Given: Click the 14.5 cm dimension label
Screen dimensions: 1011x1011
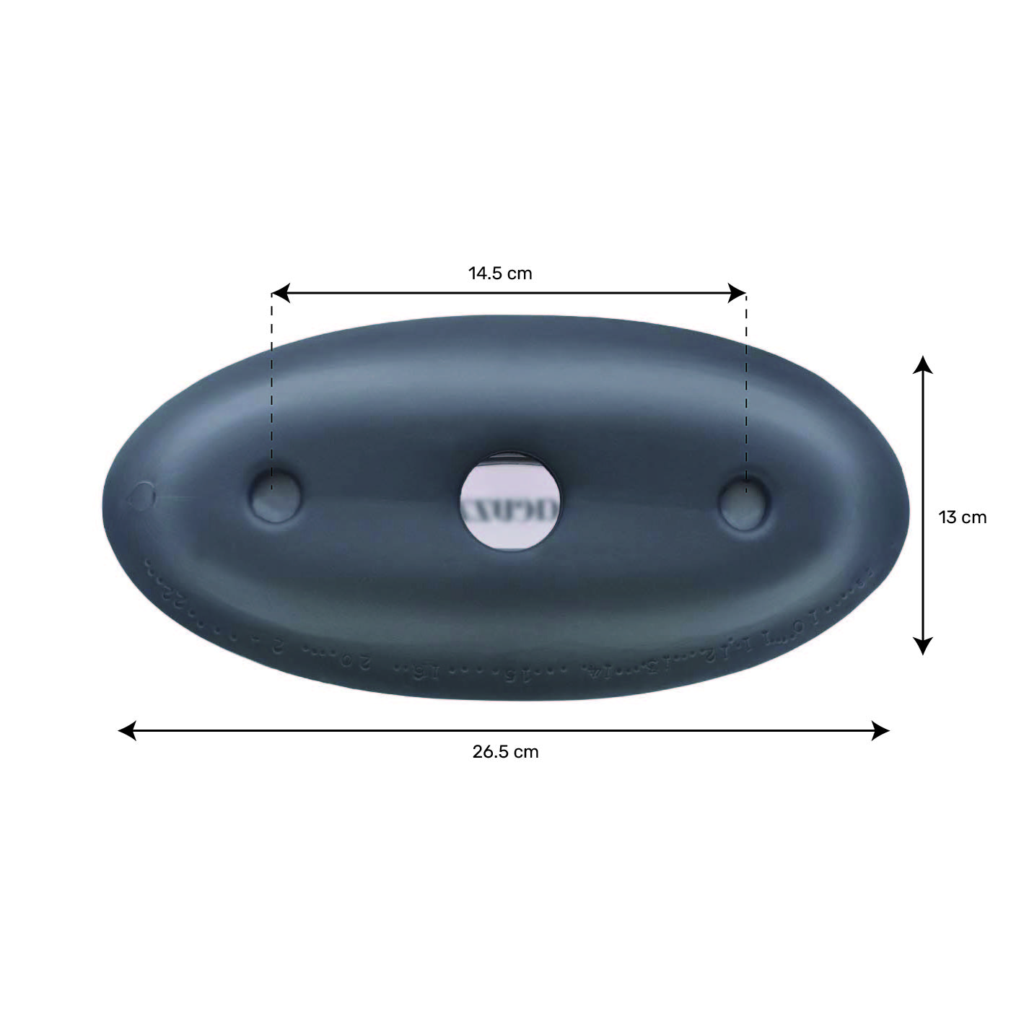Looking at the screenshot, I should pyautogui.click(x=500, y=273).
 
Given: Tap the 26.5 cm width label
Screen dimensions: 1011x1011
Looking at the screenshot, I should pyautogui.click(x=505, y=752).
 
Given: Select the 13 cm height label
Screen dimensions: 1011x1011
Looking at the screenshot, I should pyautogui.click(x=962, y=517).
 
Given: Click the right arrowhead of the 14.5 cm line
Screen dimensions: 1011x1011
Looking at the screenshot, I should pyautogui.click(x=738, y=293).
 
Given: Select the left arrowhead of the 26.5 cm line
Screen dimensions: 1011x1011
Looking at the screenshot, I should pyautogui.click(x=126, y=730).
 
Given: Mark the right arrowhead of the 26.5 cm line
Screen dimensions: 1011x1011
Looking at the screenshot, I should pyautogui.click(x=881, y=730).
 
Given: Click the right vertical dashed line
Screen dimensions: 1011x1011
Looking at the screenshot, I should pyautogui.click(x=746, y=390).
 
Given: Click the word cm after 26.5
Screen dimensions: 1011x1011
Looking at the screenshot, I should pyautogui.click(x=525, y=752).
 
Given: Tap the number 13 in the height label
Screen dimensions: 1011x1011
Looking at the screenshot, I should pyautogui.click(x=947, y=517).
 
